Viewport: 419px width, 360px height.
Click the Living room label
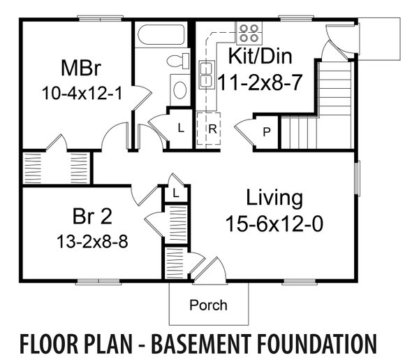coord(274,198)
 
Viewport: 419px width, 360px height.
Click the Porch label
coord(209,305)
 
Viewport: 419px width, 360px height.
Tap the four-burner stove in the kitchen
coord(249,32)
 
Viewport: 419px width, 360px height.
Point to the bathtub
coord(161,36)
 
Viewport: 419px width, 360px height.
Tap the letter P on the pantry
coord(267,131)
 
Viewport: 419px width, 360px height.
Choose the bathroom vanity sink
coord(179,89)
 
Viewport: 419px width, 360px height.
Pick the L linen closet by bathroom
coord(180,129)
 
